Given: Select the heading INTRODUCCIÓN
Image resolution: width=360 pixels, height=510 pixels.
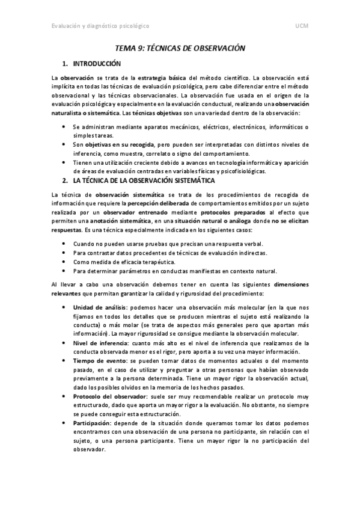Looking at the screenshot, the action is pyautogui.click(x=97, y=64).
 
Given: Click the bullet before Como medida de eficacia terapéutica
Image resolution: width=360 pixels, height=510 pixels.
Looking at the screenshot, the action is pyautogui.click(x=64, y=262).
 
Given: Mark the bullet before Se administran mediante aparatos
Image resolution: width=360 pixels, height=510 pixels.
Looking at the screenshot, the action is pyautogui.click(x=64, y=127).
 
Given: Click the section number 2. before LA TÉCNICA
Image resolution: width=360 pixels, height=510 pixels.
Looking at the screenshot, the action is pyautogui.click(x=65, y=180).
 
